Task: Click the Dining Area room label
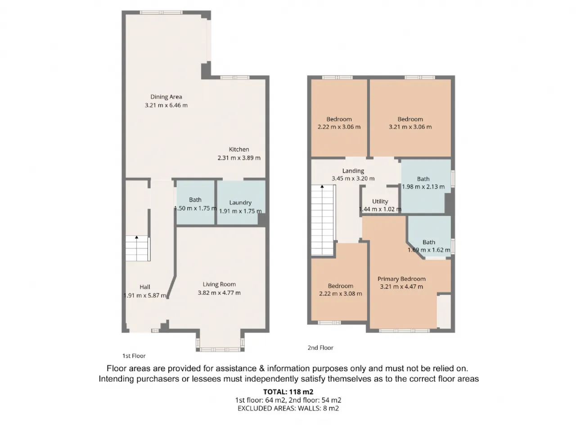pyautogui.click(x=166, y=97)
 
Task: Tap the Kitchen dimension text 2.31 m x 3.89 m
pyautogui.click(x=239, y=158)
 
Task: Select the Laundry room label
pyautogui.click(x=240, y=203)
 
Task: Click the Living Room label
pyautogui.click(x=219, y=284)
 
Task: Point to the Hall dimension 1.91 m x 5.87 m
pyautogui.click(x=145, y=296)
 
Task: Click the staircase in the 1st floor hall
pyautogui.click(x=138, y=248)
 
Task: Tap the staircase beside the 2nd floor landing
pyautogui.click(x=323, y=220)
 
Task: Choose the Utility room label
pyautogui.click(x=380, y=202)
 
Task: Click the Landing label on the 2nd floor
pyautogui.click(x=353, y=171)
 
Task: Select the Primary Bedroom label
pyautogui.click(x=401, y=279)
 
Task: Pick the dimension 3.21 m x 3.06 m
pyautogui.click(x=410, y=127)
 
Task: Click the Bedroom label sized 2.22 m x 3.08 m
pyautogui.click(x=341, y=286)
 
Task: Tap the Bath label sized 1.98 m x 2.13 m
pyautogui.click(x=423, y=179)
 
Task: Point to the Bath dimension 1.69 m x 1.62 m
pyautogui.click(x=429, y=250)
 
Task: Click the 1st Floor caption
pyautogui.click(x=134, y=356)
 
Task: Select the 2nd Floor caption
pyautogui.click(x=320, y=348)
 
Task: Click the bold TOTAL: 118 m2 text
pyautogui.click(x=288, y=392)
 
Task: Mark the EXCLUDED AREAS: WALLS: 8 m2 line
pyautogui.click(x=288, y=409)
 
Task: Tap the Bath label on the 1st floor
pyautogui.click(x=195, y=200)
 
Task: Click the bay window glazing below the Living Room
pyautogui.click(x=220, y=349)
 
